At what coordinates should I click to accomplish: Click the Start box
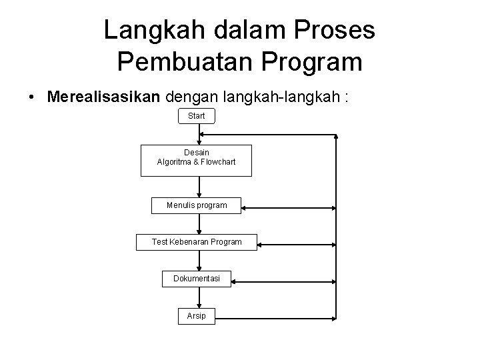[x=197, y=116]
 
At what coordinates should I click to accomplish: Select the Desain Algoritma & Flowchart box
[x=196, y=160]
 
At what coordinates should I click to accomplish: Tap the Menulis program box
[x=197, y=205]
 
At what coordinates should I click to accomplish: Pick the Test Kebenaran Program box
[x=197, y=241]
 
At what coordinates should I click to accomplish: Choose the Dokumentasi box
[x=197, y=278]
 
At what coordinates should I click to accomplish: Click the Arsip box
[x=197, y=315]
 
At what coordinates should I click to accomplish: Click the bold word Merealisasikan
[x=103, y=97]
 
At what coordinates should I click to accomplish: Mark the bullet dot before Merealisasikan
[x=32, y=98]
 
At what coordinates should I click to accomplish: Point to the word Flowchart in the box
[x=213, y=162]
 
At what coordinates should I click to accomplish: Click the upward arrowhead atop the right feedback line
[x=337, y=137]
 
